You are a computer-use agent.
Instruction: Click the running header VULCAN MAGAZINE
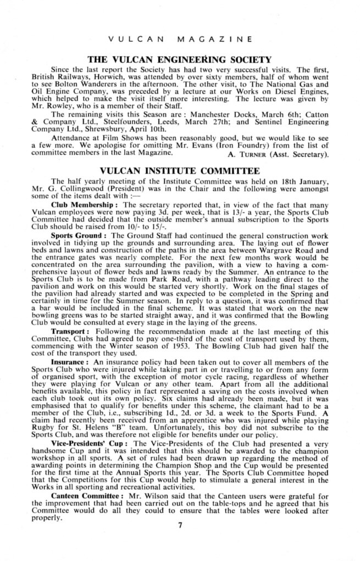pos(180,39)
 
